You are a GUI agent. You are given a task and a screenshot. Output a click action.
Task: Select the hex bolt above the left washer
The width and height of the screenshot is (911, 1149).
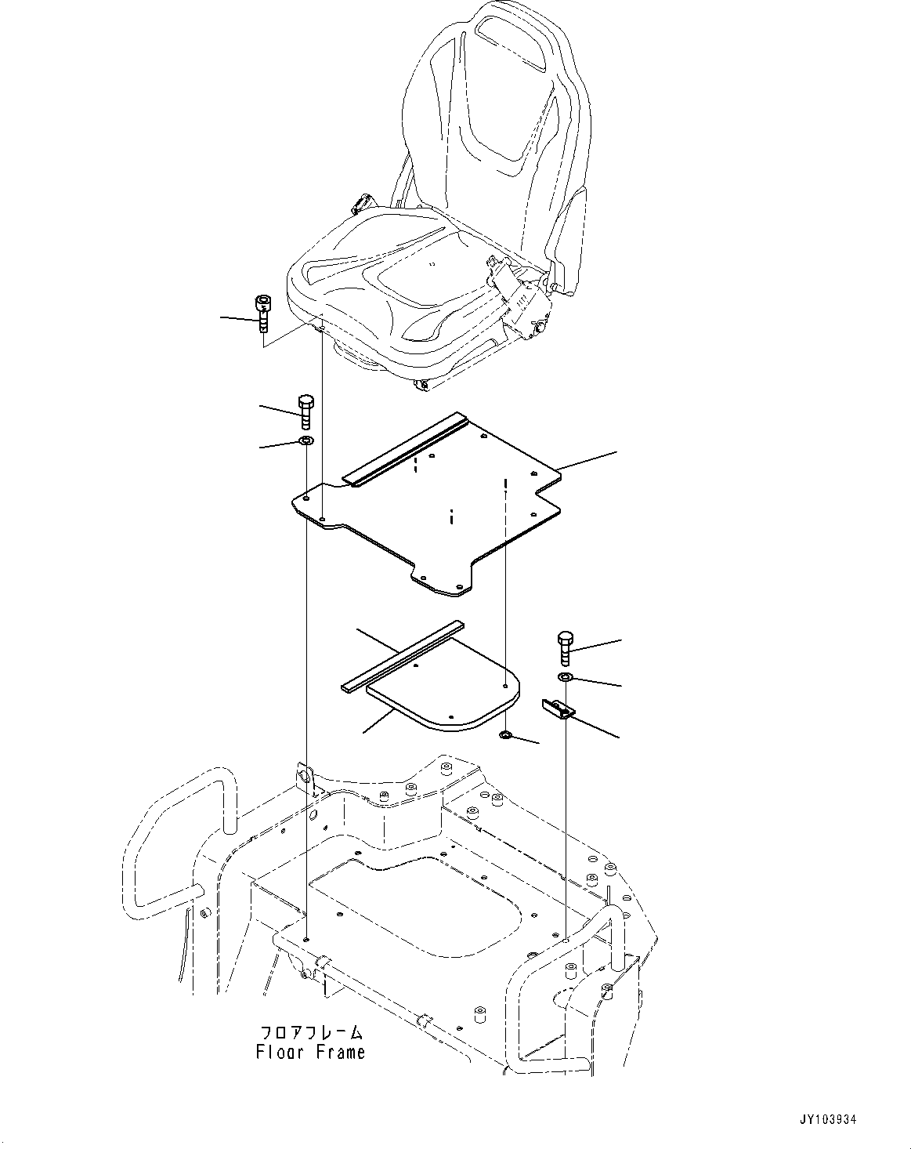point(305,412)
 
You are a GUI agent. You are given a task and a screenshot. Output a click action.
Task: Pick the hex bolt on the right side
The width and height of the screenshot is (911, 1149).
point(565,647)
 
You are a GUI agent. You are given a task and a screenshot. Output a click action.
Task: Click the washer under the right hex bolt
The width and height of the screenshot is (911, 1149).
point(565,676)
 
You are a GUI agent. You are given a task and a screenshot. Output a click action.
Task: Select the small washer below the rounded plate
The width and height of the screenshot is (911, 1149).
point(506,736)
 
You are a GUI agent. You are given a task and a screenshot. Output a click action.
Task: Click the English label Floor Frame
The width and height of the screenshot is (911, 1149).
point(310,1053)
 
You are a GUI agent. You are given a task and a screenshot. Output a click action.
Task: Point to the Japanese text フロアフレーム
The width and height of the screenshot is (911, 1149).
point(311,1032)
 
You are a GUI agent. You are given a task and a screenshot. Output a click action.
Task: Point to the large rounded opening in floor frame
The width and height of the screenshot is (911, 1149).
point(415,909)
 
